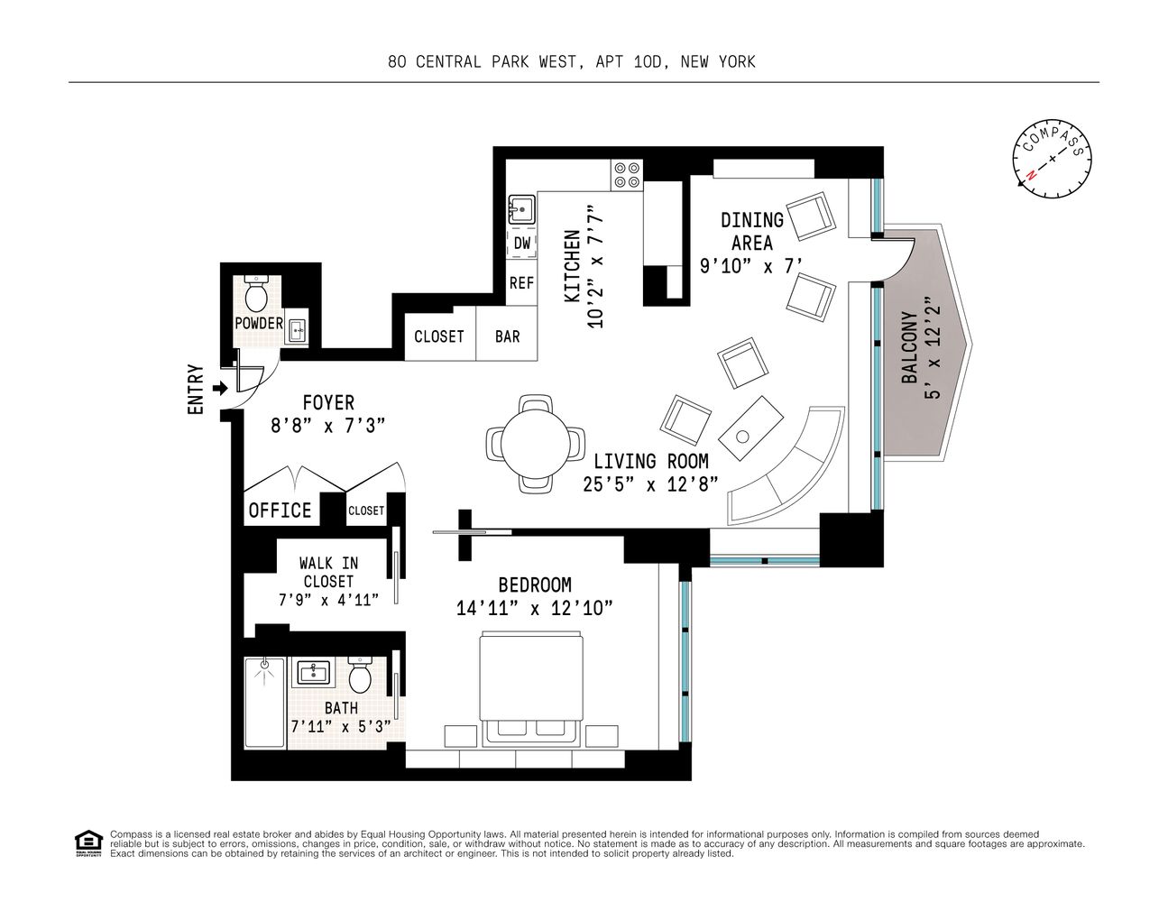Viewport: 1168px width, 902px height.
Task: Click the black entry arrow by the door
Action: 219,389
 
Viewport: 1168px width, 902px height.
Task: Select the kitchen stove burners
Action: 627,174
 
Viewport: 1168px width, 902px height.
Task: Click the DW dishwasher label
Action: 522,244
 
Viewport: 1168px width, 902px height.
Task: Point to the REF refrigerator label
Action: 521,282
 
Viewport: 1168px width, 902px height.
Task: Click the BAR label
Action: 507,336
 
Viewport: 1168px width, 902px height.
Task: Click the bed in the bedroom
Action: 531,689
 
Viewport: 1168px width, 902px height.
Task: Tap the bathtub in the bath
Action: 264,702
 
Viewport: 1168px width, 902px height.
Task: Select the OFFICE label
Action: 280,511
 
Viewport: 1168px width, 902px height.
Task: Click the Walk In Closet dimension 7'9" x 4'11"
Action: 328,599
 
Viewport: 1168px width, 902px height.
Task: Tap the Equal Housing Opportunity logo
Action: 87,841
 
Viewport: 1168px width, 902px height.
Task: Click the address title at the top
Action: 572,62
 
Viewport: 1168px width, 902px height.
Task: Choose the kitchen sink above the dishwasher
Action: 521,211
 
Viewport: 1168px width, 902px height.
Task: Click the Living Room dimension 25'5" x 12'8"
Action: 650,484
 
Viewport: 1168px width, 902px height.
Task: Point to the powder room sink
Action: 298,331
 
